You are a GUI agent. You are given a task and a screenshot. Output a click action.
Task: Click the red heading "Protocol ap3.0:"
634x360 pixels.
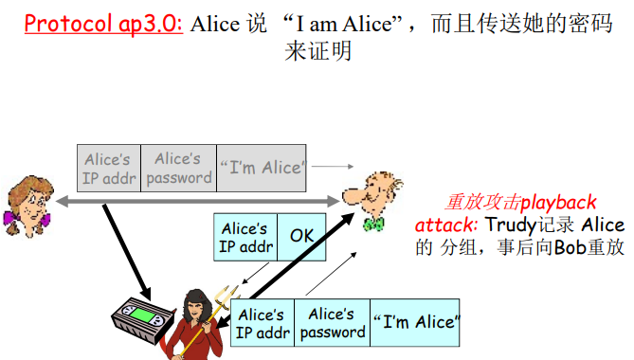[102, 23]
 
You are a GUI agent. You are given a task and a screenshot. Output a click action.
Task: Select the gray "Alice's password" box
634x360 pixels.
[178, 168]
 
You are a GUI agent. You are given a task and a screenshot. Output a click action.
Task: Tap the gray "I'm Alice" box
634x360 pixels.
[262, 168]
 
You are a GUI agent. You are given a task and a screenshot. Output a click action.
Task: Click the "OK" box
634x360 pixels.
[301, 237]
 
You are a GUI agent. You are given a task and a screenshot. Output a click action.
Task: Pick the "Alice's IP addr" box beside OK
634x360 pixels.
[245, 237]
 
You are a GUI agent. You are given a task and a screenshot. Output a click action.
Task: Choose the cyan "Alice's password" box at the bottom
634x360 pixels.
[332, 322]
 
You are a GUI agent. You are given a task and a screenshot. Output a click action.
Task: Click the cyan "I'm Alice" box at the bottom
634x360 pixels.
[413, 322]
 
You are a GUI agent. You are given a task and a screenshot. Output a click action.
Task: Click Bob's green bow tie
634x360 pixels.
[374, 225]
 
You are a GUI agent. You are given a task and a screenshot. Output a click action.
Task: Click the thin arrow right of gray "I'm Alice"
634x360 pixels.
[327, 167]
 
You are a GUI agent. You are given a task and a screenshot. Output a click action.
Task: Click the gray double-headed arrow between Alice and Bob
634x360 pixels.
[199, 202]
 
